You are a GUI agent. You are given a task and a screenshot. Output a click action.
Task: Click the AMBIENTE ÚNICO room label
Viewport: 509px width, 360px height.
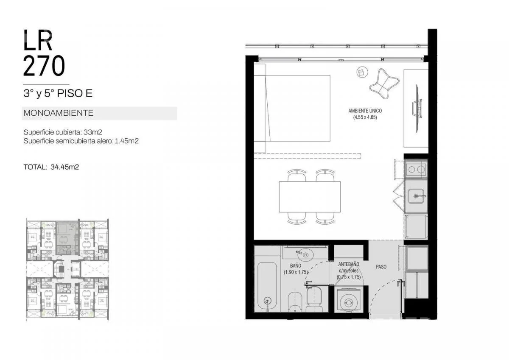[x=365, y=111]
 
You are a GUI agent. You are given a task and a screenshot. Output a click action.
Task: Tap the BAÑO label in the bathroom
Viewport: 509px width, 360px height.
[x=296, y=265]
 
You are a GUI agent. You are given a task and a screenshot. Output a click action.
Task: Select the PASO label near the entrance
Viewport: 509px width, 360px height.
[x=381, y=267]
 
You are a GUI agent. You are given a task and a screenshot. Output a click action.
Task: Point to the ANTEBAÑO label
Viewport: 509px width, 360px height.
[x=349, y=264]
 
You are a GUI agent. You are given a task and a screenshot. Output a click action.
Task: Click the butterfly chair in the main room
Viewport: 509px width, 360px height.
[x=384, y=84]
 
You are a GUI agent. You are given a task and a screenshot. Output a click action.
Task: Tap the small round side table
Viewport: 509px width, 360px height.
[x=362, y=72]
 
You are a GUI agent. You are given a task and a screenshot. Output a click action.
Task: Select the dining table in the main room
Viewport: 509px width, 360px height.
[x=310, y=197]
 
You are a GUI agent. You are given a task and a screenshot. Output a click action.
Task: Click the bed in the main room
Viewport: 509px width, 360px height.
[x=292, y=109]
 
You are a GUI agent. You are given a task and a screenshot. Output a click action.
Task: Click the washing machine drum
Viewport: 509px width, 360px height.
[x=348, y=302]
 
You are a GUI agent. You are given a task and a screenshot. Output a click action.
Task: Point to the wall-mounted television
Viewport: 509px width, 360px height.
[x=417, y=109]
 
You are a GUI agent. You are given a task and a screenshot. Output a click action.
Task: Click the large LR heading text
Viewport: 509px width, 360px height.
[x=38, y=40]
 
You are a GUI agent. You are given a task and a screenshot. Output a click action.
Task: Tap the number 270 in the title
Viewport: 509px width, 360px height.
[x=44, y=66]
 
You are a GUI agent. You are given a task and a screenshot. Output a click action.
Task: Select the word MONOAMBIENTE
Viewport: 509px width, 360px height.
[x=59, y=113]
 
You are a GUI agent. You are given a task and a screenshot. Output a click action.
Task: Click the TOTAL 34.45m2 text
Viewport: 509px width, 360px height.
[x=51, y=167]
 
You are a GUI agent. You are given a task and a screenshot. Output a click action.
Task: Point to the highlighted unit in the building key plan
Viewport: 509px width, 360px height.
[x=67, y=238]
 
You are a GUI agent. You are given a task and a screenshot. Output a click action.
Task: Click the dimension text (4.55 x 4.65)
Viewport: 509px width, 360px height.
[x=365, y=117]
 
